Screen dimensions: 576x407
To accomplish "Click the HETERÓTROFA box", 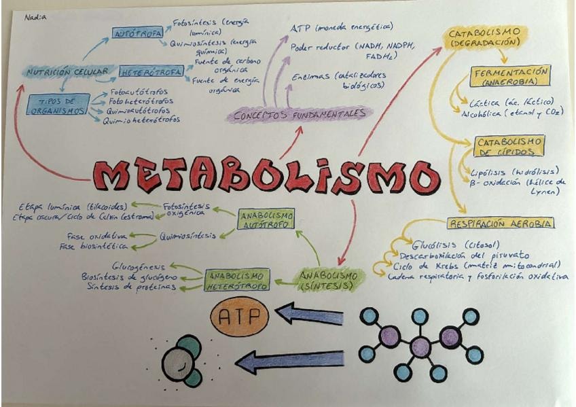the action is click(x=151, y=71).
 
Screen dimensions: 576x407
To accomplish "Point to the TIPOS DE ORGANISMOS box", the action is click(x=58, y=105).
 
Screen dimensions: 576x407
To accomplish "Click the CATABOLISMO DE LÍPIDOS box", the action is click(x=508, y=146).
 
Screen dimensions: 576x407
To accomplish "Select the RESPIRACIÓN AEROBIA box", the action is click(x=501, y=223).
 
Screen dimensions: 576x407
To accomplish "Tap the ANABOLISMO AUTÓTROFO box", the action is click(x=267, y=219).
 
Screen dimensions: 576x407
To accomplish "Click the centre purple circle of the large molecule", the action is click(x=420, y=347).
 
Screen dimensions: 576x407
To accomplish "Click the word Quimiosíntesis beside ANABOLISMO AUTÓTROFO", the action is click(x=187, y=236).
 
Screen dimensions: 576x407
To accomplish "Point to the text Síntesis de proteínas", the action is click(x=131, y=287).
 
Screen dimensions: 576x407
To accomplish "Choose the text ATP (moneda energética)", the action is click(x=342, y=27).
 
